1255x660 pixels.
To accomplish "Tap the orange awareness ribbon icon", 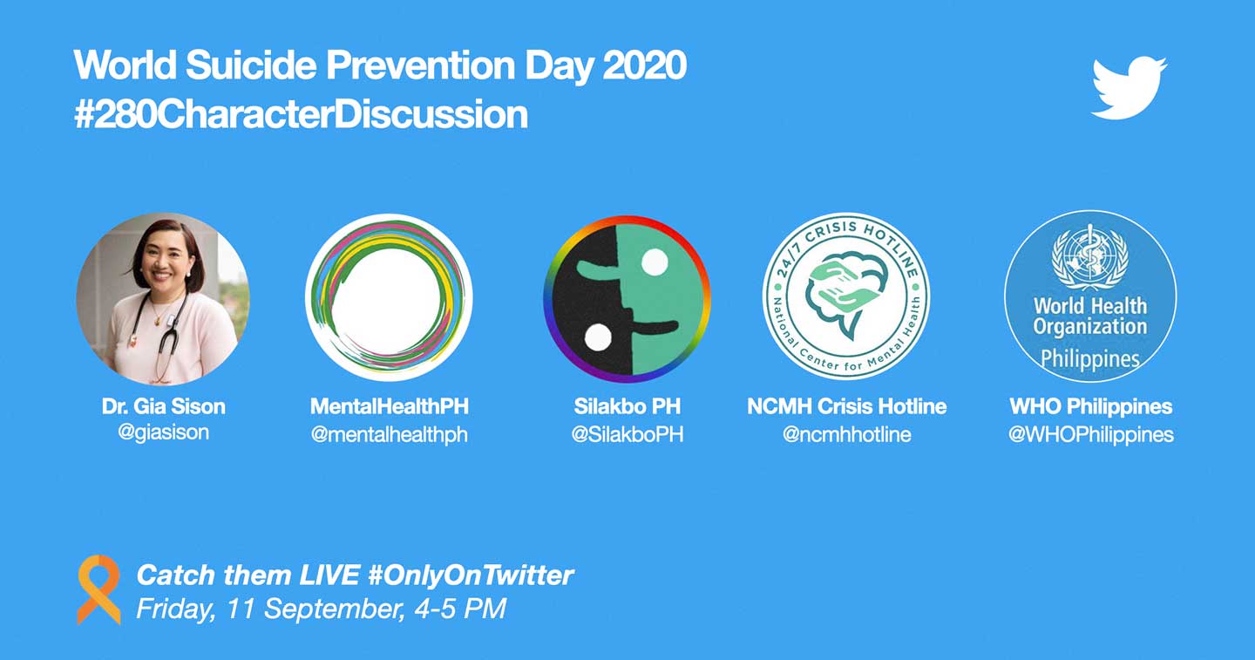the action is (x=98, y=589).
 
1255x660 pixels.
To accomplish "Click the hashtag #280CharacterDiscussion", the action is (x=301, y=114).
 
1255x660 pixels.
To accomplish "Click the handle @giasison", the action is (x=163, y=432).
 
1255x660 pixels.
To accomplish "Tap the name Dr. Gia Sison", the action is (x=163, y=406).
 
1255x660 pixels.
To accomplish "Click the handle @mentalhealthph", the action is (x=390, y=435).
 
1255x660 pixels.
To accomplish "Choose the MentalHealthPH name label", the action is (x=390, y=406).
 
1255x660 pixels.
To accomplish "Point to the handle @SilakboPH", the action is (x=627, y=434).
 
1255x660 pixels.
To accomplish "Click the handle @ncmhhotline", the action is (x=846, y=434).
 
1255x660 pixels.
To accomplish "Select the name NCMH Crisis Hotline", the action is (x=846, y=406).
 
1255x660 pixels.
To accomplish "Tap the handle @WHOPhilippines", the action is (x=1090, y=435).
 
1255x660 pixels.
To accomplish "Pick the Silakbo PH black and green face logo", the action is (x=627, y=299).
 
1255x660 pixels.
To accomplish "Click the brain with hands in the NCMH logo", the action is (x=846, y=292).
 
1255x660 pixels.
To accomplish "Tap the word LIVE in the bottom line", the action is (x=329, y=575).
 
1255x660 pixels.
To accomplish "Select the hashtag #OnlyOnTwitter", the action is (x=471, y=575).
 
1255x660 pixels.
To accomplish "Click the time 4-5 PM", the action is (x=460, y=609).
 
